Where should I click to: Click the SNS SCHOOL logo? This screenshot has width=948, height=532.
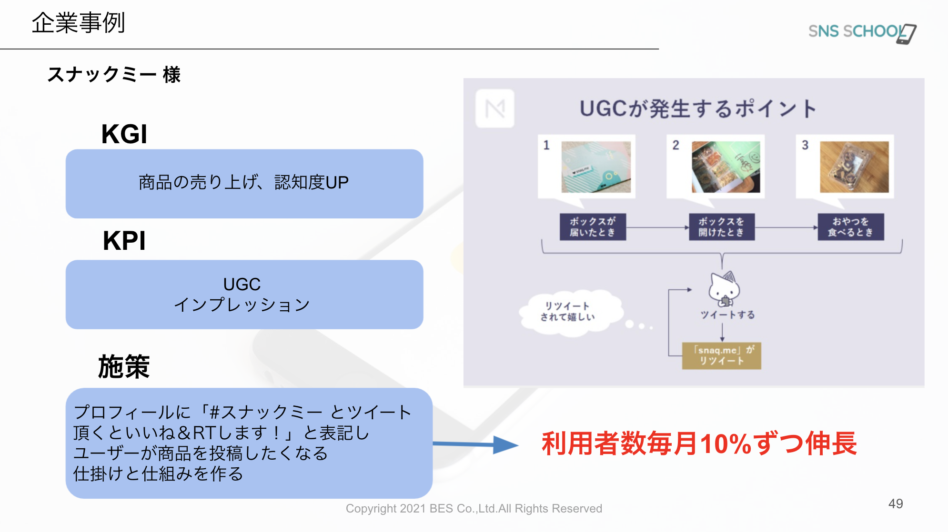[x=862, y=32]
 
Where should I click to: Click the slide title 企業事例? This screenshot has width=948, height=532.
[x=78, y=23]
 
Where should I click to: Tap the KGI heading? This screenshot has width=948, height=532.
[x=124, y=134]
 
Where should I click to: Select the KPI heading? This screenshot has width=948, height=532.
[x=124, y=241]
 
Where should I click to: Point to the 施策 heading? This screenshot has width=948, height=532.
[x=124, y=367]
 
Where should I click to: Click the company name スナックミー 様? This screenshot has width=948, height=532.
[x=114, y=75]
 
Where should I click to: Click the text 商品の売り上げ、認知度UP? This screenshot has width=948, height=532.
[x=243, y=182]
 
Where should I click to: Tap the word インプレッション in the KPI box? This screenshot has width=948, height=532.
[x=242, y=305]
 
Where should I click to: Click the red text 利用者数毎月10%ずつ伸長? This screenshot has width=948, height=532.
[x=699, y=443]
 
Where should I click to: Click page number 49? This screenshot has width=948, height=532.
[x=895, y=504]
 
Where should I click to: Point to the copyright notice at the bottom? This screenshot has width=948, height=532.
[x=474, y=509]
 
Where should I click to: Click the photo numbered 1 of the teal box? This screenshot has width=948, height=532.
[x=595, y=167]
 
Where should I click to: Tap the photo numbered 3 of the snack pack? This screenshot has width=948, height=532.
[x=854, y=167]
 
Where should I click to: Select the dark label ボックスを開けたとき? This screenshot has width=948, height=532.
[x=721, y=227]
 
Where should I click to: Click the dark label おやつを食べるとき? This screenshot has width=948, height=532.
[x=850, y=227]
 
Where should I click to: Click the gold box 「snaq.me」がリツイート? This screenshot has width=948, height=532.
[x=721, y=355]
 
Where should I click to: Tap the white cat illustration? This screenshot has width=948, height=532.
[x=724, y=288]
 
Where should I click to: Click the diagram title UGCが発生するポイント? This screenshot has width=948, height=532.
[x=698, y=109]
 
